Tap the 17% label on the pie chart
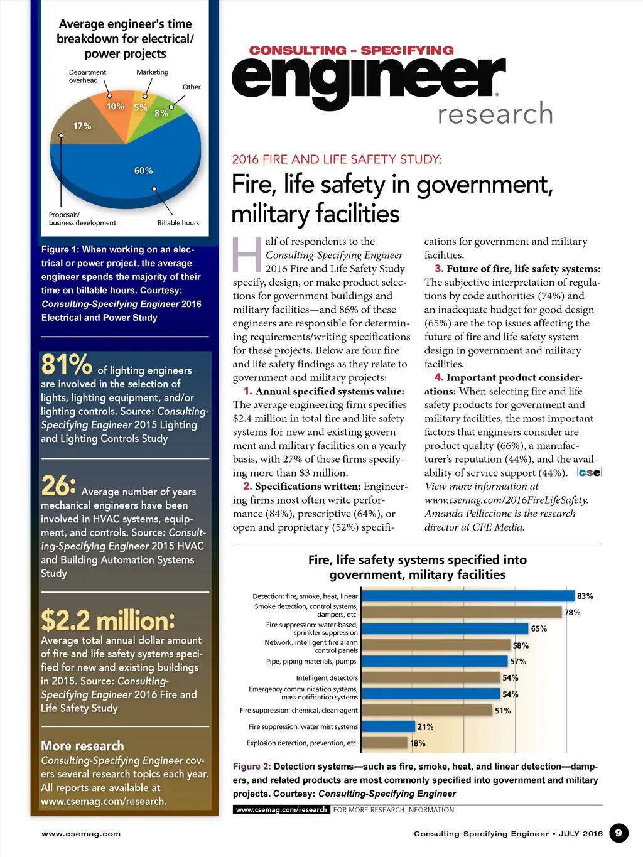tap(82, 126)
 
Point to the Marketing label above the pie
tap(153, 72)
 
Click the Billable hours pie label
tap(178, 223)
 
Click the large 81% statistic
tap(67, 365)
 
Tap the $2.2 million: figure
tap(108, 621)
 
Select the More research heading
tap(82, 746)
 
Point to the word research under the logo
tap(495, 114)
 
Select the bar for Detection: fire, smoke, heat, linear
tap(468, 596)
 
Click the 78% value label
tap(572, 612)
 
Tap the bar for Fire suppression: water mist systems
tap(388, 726)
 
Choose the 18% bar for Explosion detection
tap(384, 743)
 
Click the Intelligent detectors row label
tap(327, 678)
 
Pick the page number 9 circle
tap(619, 833)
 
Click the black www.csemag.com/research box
tap(281, 810)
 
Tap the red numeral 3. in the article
tap(439, 269)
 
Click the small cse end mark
tap(590, 472)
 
